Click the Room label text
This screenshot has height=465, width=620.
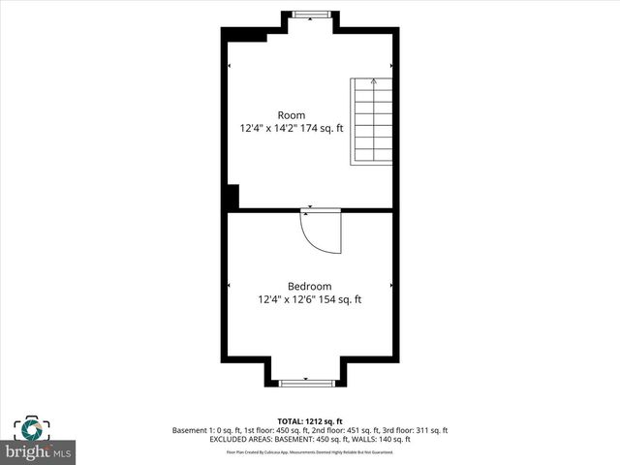pyautogui.click(x=291, y=115)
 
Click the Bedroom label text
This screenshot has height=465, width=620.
pyautogui.click(x=309, y=286)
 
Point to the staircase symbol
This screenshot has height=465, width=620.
pyautogui.click(x=371, y=121)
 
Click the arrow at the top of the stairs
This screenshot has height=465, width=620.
pyautogui.click(x=374, y=83)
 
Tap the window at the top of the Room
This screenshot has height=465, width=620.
pyautogui.click(x=310, y=14)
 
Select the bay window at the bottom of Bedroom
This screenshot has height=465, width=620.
pyautogui.click(x=306, y=384)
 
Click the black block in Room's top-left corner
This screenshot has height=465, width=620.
pyautogui.click(x=248, y=36)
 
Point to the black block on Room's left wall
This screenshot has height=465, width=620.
pyautogui.click(x=231, y=196)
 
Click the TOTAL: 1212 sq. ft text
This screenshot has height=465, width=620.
pyautogui.click(x=309, y=421)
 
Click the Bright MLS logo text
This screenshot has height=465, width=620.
pyautogui.click(x=39, y=452)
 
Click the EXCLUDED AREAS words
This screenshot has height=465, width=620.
pyautogui.click(x=242, y=439)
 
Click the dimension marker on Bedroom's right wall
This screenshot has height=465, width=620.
pyautogui.click(x=390, y=286)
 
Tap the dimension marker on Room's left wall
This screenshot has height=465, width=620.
pyautogui.click(x=230, y=66)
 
